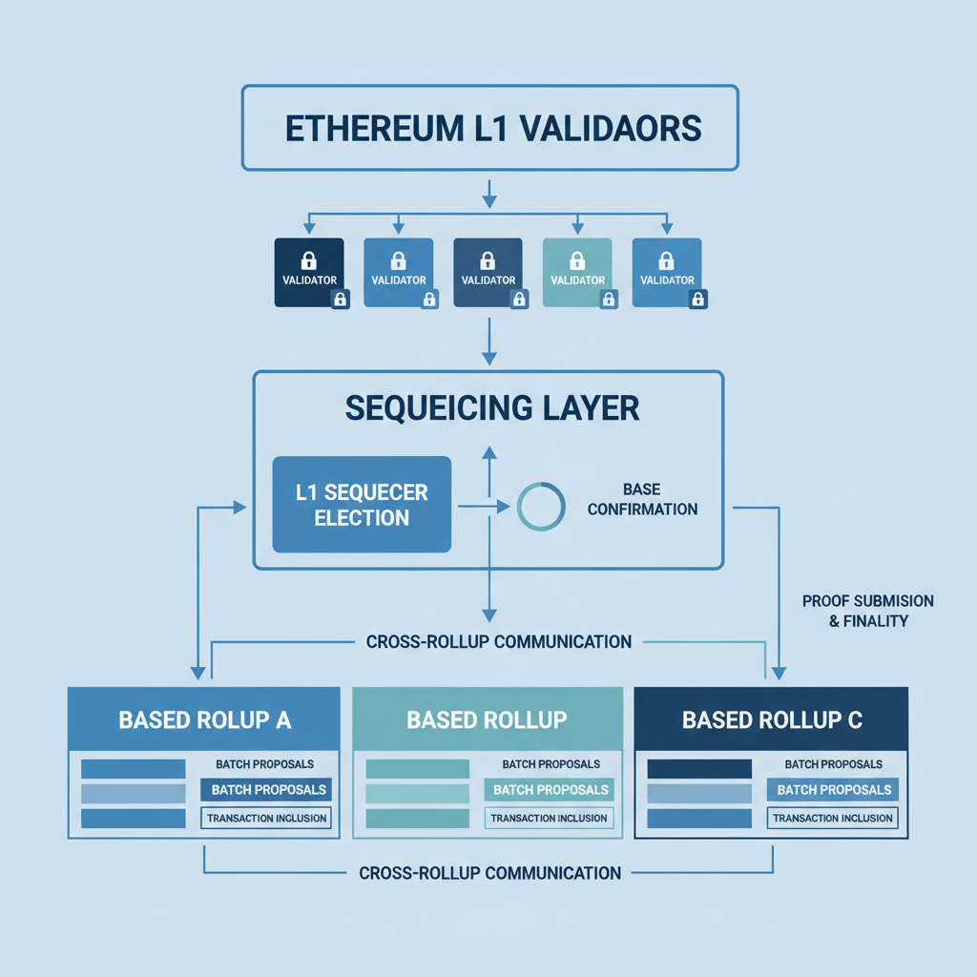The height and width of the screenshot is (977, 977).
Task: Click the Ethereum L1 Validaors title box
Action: click(x=489, y=128)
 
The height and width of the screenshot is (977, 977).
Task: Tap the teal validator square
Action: click(x=576, y=271)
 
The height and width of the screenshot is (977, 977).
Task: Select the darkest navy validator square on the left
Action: click(x=308, y=271)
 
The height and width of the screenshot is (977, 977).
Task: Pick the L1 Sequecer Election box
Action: click(x=362, y=505)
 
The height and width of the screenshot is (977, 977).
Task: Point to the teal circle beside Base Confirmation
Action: click(x=541, y=507)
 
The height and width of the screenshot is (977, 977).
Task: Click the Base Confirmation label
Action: click(x=642, y=499)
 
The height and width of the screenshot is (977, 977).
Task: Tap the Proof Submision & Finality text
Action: click(x=867, y=611)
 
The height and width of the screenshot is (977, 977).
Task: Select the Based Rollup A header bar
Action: click(x=204, y=719)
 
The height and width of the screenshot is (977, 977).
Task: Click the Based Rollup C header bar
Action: click(x=771, y=719)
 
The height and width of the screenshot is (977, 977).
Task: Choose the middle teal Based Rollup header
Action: click(x=488, y=719)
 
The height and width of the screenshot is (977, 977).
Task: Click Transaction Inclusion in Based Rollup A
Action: click(x=266, y=818)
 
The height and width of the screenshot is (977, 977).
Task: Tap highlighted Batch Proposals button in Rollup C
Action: click(x=833, y=790)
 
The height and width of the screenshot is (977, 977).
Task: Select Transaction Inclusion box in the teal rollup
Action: click(x=549, y=818)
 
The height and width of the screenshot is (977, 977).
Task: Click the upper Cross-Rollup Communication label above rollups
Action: click(x=498, y=641)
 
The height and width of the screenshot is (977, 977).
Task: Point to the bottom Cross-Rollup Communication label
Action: click(x=490, y=872)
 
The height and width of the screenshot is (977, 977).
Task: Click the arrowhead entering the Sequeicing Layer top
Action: click(x=489, y=358)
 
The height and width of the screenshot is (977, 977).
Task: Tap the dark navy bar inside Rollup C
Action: click(x=698, y=768)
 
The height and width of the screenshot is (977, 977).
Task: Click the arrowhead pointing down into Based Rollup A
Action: click(x=198, y=673)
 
